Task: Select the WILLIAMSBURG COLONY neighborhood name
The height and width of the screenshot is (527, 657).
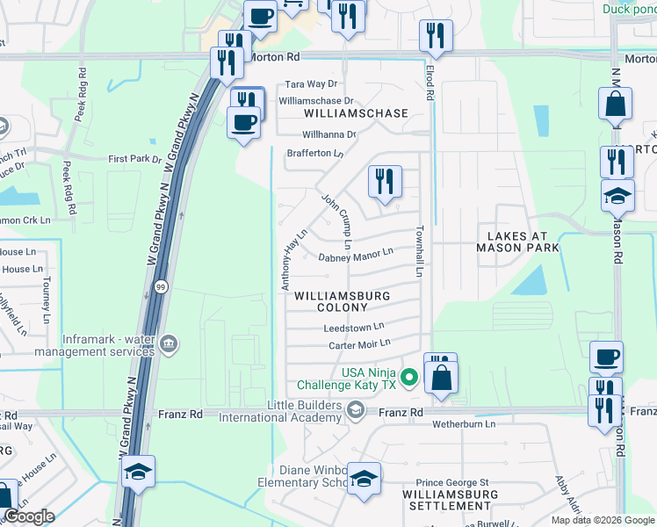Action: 343,302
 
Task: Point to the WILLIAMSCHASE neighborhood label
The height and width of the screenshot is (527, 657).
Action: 356,114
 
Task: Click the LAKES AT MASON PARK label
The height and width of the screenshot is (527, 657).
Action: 517,242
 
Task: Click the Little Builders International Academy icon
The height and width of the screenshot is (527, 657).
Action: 355,409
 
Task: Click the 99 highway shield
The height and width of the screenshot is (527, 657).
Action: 160,287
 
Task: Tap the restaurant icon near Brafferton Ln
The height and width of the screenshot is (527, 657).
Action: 385,181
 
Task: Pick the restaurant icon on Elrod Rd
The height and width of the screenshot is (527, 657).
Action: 436,36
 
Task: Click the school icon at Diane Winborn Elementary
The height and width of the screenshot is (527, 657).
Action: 364,479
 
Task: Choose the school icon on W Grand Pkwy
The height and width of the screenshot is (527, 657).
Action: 138,472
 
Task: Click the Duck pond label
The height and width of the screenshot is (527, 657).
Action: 629,10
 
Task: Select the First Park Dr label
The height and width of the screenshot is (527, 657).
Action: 135,159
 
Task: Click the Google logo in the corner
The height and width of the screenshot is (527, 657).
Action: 29,517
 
